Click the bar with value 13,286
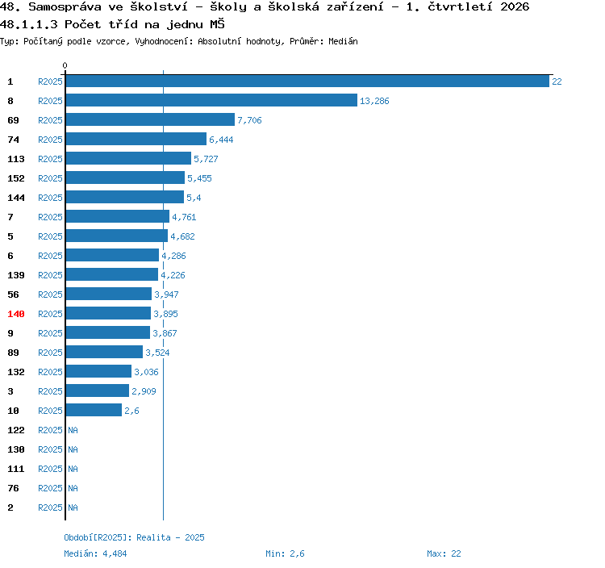[211, 100]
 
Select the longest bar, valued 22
[307, 81]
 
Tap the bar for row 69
[150, 119]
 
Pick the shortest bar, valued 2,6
[94, 410]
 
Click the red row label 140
[16, 314]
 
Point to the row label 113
[16, 159]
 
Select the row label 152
[16, 178]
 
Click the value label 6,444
[221, 140]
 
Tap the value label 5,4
[194, 198]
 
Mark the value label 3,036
[146, 372]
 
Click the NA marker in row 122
[73, 430]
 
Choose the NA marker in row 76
[73, 488]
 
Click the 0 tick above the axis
[65, 65]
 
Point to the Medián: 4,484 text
[95, 553]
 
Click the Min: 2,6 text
[285, 553]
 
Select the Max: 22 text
[444, 553]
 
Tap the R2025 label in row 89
[50, 353]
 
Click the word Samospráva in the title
[65, 7]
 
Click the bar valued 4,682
[117, 236]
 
